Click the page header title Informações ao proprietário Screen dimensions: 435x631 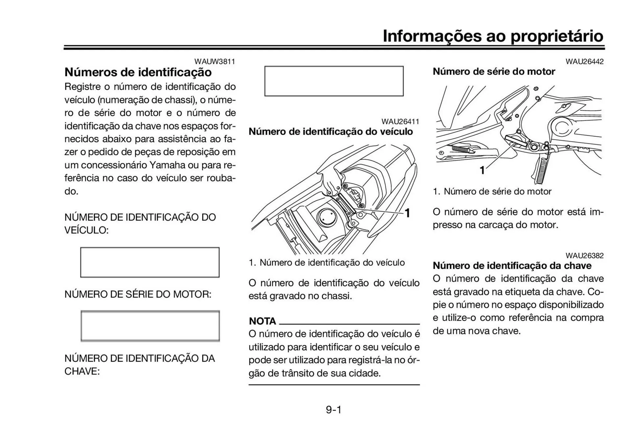pos(493,36)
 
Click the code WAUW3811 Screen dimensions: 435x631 pos(215,61)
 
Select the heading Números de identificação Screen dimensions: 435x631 pos(138,72)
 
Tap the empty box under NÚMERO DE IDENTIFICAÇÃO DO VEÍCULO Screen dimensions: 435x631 pos(150,262)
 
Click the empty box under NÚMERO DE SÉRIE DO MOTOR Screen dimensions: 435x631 pos(150,326)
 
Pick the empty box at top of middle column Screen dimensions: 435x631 pos(334,81)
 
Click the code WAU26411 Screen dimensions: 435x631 pos(400,122)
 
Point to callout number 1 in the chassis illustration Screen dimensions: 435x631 pos(407,213)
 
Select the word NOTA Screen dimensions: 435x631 pos(262,321)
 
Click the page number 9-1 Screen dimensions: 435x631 pos(334,410)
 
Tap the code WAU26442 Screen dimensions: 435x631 pos(584,61)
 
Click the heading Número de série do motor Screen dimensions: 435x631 pos(494,71)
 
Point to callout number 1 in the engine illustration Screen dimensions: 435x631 pos(482,170)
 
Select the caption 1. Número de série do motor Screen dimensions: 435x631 pos(492,191)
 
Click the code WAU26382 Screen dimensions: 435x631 pos(584,255)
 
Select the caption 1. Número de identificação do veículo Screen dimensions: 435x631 pos(327,262)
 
